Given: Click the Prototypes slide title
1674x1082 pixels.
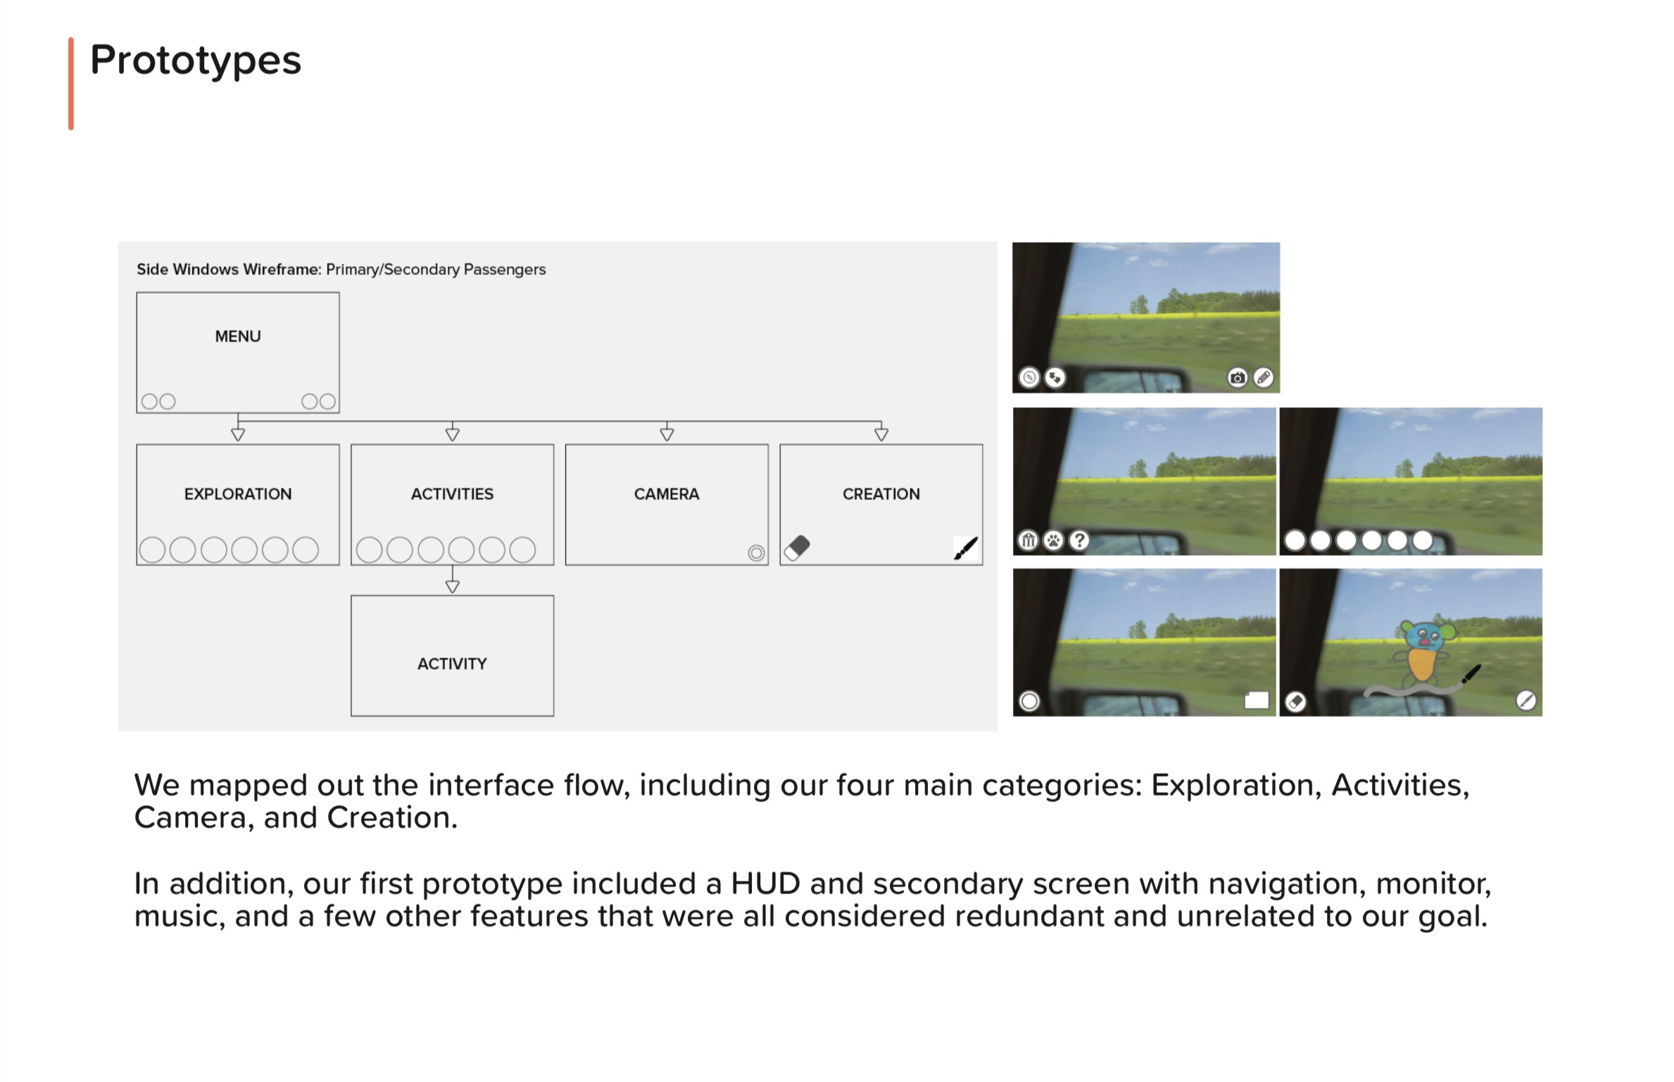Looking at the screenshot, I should (x=196, y=61).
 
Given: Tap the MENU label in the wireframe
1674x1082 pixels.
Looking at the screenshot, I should (x=238, y=336).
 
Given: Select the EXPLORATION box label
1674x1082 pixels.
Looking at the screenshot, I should (x=238, y=494).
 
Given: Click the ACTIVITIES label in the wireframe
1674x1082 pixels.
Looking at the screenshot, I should (x=452, y=494).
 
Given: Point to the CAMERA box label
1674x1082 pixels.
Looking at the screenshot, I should (x=667, y=494).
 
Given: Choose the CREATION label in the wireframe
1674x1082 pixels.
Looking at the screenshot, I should (x=881, y=494).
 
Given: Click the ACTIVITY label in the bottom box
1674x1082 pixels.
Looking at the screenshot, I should (x=452, y=663).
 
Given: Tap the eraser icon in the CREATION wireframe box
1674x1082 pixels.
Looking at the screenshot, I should (x=798, y=547).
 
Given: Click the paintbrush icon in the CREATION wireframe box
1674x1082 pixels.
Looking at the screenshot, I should (x=966, y=548).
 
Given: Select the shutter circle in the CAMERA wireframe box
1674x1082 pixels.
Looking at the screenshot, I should (x=756, y=553).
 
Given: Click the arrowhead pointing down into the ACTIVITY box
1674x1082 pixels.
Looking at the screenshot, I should (x=453, y=586).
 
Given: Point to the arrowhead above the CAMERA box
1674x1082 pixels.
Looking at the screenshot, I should (x=667, y=434).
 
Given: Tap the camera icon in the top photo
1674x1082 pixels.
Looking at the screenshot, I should (x=1237, y=378).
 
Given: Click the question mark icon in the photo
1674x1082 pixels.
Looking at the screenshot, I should (x=1079, y=540).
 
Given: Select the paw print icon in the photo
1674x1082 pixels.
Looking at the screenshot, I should (x=1054, y=540).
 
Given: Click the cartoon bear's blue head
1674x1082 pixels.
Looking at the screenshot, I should (x=1423, y=637).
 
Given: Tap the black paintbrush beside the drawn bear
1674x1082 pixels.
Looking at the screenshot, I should (x=1471, y=673).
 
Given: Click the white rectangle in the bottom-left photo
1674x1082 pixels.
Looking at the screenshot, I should (x=1257, y=700).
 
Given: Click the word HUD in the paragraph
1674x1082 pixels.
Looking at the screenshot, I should (x=765, y=884).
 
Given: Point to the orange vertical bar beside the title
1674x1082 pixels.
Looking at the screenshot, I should (x=71, y=84).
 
